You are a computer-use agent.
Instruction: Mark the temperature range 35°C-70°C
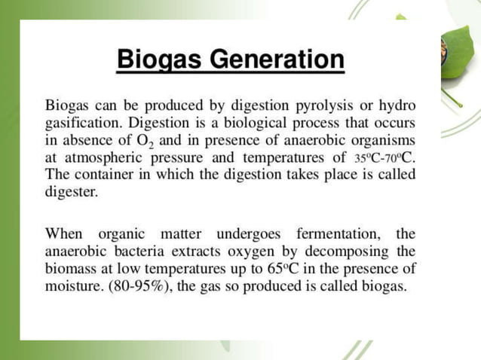pyautogui.click(x=385, y=158)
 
